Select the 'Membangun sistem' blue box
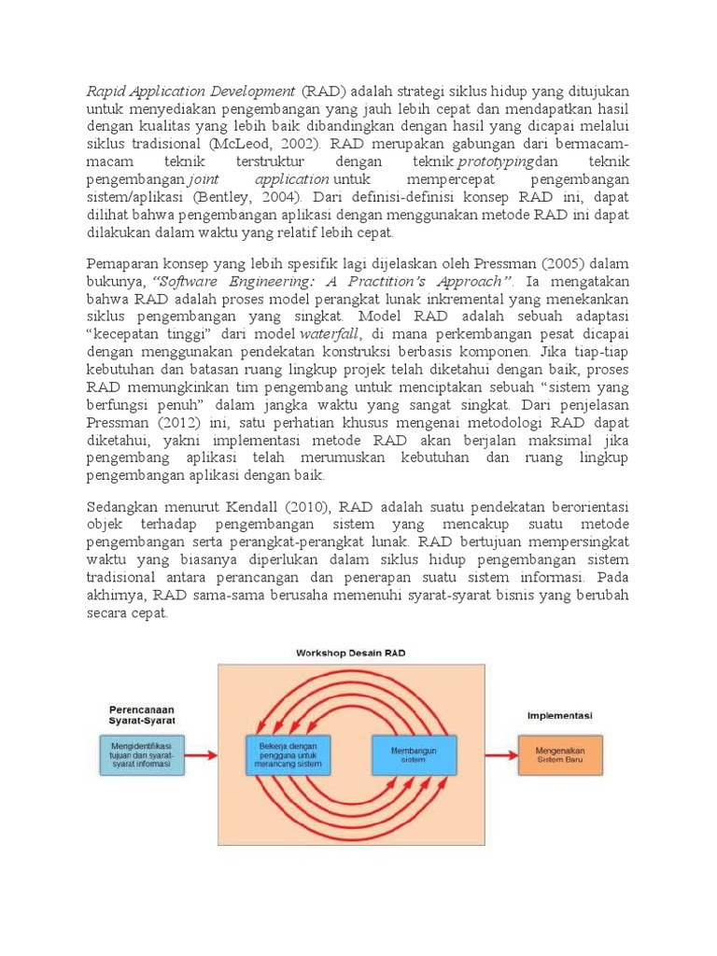coord(415,754)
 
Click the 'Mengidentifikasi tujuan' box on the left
coord(142,754)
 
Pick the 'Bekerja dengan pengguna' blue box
coord(288,754)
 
